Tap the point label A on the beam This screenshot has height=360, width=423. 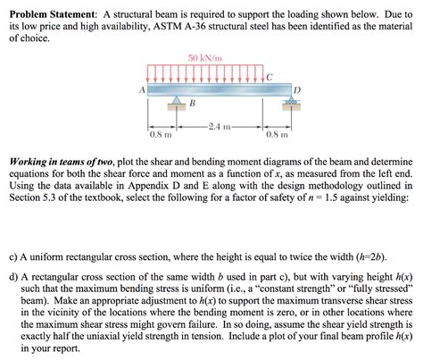point(142,89)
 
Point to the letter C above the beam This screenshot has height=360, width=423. point(272,75)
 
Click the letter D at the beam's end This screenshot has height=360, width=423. point(296,89)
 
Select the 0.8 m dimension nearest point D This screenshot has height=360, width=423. point(277,135)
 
